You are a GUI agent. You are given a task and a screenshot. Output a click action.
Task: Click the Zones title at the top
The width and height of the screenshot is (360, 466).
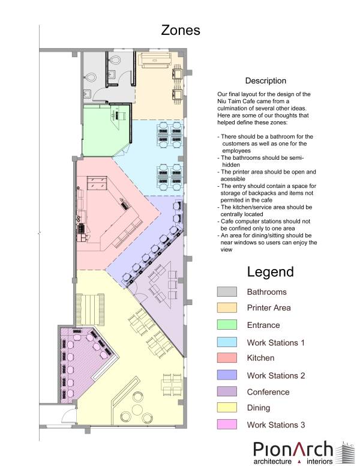click(x=180, y=30)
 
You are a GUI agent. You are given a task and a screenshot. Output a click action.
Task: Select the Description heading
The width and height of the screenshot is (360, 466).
click(x=266, y=81)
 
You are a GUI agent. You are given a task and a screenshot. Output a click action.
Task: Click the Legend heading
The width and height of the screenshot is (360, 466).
click(x=270, y=272)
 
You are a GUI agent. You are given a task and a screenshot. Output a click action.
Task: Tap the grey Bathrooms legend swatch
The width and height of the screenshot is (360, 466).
click(x=227, y=291)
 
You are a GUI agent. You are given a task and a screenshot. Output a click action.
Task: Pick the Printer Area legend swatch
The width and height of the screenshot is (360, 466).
click(x=227, y=307)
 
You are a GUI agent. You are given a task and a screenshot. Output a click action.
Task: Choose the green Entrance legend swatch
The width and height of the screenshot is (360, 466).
click(x=227, y=324)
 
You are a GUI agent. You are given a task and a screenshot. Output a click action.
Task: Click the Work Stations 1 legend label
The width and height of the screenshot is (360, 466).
click(x=275, y=343)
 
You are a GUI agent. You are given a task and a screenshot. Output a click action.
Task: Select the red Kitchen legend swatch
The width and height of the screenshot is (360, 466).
click(x=227, y=358)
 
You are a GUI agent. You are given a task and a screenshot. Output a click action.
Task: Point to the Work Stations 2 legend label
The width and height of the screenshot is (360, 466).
click(x=275, y=376)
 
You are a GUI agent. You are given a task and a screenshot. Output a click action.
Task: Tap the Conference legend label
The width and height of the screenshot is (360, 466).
click(x=268, y=392)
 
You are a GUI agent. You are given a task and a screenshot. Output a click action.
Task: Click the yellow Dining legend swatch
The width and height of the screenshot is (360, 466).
click(x=227, y=408)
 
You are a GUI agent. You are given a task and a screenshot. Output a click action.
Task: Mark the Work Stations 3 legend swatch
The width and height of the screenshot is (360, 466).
click(x=227, y=424)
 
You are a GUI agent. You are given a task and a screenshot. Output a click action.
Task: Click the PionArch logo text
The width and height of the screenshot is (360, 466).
click(x=293, y=450)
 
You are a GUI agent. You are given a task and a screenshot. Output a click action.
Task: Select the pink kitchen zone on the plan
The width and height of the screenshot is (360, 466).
click(x=110, y=214)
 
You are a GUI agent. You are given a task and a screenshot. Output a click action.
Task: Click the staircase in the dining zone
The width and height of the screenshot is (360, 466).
click(x=90, y=310)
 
